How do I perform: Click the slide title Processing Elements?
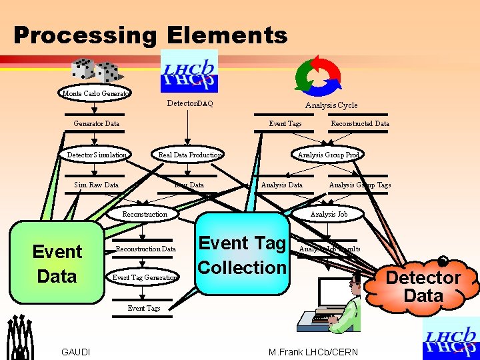150,35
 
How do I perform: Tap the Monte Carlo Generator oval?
96,93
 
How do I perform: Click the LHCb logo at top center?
189,71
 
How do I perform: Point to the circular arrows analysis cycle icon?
318,73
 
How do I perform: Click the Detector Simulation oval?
96,155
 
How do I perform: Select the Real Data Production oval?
189,155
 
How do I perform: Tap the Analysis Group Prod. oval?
328,155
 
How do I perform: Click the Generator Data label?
96,123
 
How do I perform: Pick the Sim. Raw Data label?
96,185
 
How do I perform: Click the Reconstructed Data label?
360,123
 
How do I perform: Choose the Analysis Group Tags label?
360,185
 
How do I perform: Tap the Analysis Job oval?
328,214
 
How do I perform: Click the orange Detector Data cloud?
424,285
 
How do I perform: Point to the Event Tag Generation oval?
145,277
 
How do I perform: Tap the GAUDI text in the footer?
76,352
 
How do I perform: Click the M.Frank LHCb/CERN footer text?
313,352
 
